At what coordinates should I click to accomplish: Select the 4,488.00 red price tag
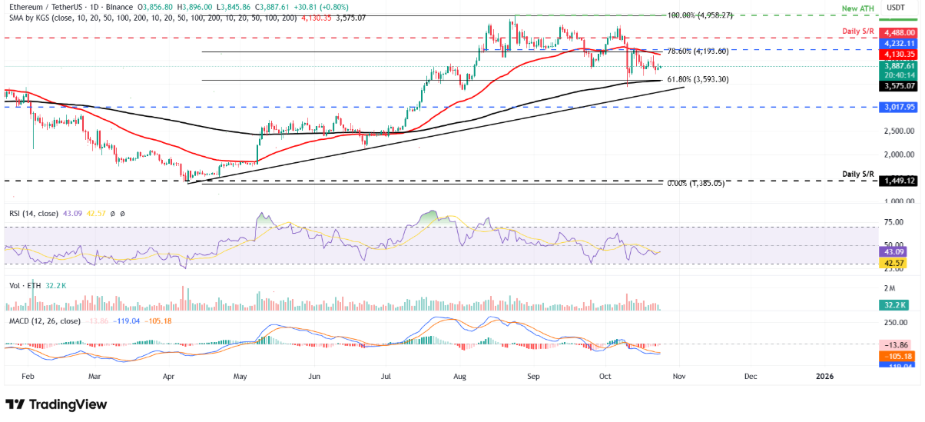(899, 32)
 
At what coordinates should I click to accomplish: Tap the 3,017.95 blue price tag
(899, 108)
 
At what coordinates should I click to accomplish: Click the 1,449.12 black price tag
(899, 181)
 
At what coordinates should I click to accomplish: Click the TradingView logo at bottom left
(56, 404)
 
